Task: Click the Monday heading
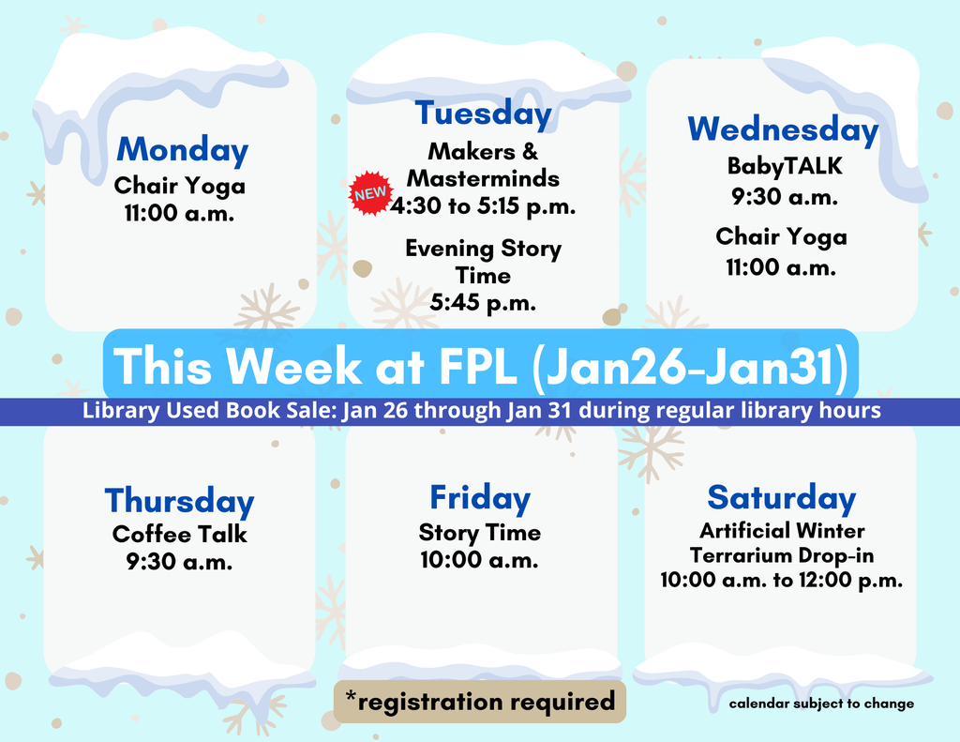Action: tap(183, 150)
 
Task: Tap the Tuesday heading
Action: tap(484, 114)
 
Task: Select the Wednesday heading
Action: tap(783, 129)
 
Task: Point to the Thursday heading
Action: tap(179, 501)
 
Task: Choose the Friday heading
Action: tap(480, 497)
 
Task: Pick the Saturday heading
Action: tap(782, 497)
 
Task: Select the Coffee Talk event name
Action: tap(180, 534)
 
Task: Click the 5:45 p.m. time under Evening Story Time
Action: tap(483, 302)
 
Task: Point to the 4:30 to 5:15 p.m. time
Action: tap(483, 205)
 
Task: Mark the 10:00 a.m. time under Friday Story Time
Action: tap(480, 561)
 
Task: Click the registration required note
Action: tap(480, 700)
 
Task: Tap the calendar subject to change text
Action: tap(821, 704)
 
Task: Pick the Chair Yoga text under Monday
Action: tap(180, 186)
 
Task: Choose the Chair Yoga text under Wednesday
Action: tap(782, 236)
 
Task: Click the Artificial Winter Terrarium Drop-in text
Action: tap(782, 543)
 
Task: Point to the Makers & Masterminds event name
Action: tap(483, 164)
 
